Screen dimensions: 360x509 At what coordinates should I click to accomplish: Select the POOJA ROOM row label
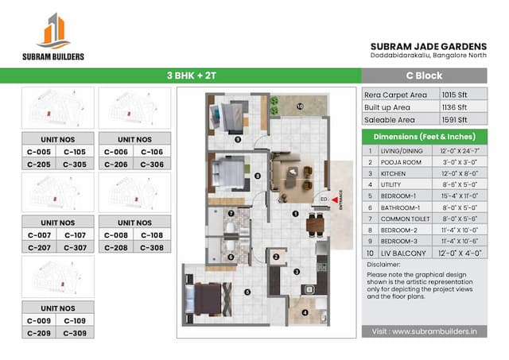[x=398, y=161]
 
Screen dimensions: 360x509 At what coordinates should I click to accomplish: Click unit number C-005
[x=39, y=152]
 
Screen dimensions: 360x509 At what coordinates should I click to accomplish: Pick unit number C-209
[x=39, y=332]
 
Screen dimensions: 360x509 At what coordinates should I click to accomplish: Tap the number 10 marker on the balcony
[x=301, y=106]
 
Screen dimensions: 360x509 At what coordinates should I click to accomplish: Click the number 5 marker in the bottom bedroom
[x=247, y=292]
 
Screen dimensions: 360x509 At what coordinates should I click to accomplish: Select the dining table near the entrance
[x=315, y=223]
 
